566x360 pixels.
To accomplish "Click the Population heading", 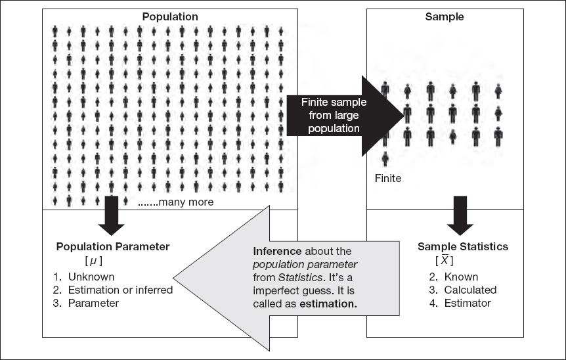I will coord(170,16).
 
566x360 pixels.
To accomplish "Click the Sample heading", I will coord(445,16).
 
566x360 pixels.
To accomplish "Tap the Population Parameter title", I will coord(113,247).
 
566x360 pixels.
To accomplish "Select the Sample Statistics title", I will coord(462,247).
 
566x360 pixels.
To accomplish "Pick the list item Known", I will coord(461,277).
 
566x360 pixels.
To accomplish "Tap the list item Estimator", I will coord(467,303).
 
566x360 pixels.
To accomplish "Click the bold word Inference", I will coord(276,252).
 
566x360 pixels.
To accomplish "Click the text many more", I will coord(176,202).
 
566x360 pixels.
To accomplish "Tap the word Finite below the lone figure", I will coord(387,177).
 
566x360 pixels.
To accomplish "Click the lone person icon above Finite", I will coord(385,158).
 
